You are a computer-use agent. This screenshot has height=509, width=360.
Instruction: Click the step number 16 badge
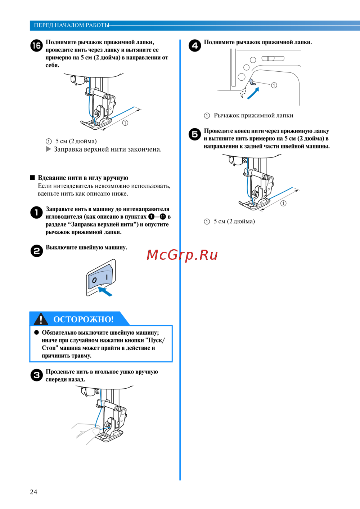pyautogui.click(x=36, y=46)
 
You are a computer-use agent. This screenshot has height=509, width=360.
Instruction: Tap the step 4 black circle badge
pyautogui.click(x=195, y=46)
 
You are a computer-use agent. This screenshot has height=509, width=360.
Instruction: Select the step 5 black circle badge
pyautogui.click(x=195, y=134)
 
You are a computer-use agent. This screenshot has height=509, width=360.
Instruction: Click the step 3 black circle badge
pyautogui.click(x=37, y=375)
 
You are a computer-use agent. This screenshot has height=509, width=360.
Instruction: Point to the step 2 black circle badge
pyautogui.click(x=37, y=251)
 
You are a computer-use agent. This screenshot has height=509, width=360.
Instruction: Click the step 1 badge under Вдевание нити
pyautogui.click(x=37, y=213)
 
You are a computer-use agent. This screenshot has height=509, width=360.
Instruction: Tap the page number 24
pyautogui.click(x=33, y=492)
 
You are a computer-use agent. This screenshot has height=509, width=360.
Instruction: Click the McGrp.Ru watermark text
pyautogui.click(x=182, y=255)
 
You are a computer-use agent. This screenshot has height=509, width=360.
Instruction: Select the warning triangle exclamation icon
pyautogui.click(x=41, y=319)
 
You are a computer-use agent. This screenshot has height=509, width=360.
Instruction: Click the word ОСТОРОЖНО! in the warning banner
pyautogui.click(x=84, y=320)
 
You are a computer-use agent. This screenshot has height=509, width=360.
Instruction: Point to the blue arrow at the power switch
pyautogui.click(x=105, y=291)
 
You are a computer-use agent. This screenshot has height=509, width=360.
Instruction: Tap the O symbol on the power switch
pyautogui.click(x=94, y=280)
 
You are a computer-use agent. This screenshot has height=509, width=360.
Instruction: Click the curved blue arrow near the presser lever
pyautogui.click(x=253, y=94)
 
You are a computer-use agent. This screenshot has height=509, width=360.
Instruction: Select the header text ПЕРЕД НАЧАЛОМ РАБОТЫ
pyautogui.click(x=71, y=25)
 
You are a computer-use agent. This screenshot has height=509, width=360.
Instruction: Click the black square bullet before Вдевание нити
pyautogui.click(x=32, y=178)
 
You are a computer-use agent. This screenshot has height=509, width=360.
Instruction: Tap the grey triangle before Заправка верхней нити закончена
pyautogui.click(x=48, y=149)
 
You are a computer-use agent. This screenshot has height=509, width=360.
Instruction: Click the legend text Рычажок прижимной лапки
pyautogui.click(x=253, y=116)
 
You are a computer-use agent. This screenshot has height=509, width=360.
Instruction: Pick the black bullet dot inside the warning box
pyautogui.click(x=36, y=332)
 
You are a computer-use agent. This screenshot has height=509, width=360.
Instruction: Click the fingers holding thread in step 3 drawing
pyautogui.click(x=86, y=430)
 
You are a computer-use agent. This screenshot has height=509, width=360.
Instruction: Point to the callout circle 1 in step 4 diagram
pyautogui.click(x=274, y=85)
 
